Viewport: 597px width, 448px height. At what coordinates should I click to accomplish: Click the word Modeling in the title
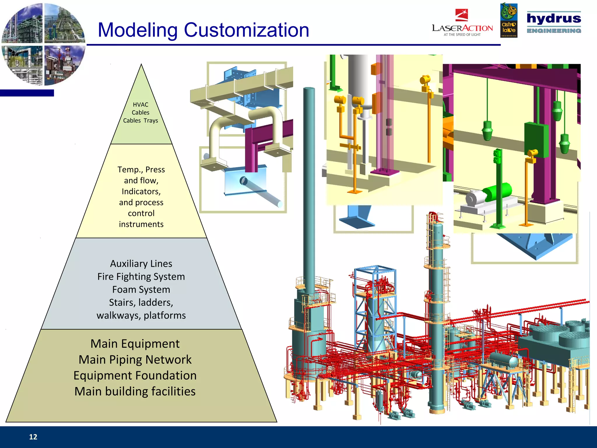137,30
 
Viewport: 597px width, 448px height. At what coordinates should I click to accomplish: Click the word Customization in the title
246,30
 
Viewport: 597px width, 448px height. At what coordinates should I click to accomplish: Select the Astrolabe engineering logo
509,20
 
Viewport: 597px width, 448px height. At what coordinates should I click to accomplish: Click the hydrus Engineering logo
554,22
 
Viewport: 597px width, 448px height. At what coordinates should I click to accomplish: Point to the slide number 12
33,437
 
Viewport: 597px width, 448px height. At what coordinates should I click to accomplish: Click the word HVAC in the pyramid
141,104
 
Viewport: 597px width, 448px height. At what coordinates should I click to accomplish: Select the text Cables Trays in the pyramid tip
141,120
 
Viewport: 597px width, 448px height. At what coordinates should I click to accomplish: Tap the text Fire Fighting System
141,276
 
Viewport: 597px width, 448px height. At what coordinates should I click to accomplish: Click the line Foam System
141,290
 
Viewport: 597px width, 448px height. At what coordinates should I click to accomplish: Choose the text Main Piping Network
135,360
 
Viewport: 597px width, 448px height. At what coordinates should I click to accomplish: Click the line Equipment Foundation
135,376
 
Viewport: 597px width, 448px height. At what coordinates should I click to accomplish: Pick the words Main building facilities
135,391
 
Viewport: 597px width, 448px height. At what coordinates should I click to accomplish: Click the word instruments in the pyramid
141,224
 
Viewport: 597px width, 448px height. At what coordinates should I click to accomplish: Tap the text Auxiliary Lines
141,264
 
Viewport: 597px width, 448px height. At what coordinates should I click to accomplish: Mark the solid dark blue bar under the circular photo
27,93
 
